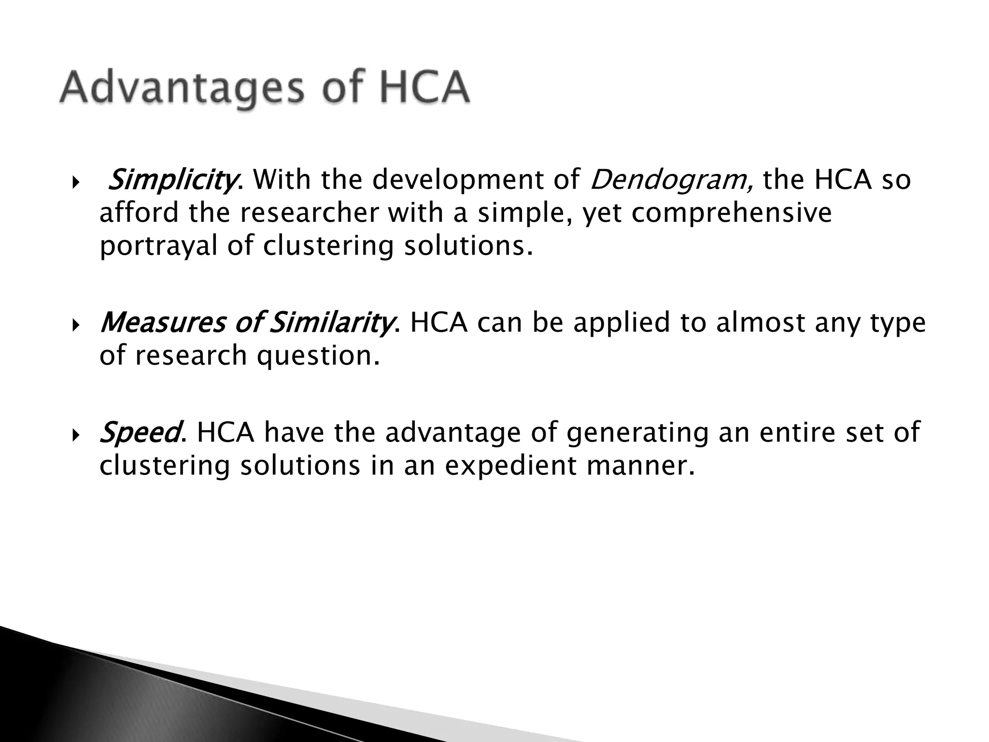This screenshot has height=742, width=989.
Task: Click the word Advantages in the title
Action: [182, 89]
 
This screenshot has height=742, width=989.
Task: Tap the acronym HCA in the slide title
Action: [424, 88]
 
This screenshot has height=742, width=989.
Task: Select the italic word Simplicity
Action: [172, 180]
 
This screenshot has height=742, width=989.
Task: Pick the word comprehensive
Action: [731, 213]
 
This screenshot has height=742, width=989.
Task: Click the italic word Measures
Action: [162, 323]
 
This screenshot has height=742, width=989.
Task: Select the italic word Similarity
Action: [330, 323]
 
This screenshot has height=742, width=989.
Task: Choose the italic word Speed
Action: [140, 432]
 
